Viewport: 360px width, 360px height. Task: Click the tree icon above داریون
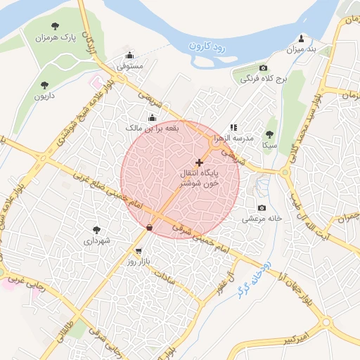tap(45, 84)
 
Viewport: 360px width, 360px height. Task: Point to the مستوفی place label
tap(130, 66)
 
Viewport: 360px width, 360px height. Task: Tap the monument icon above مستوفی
tap(129, 56)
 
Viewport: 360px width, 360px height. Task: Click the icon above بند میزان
tap(301, 39)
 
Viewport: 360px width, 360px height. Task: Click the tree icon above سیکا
tap(269, 134)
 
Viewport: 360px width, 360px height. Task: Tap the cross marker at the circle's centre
tap(199, 162)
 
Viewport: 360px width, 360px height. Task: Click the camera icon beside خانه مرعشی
tap(262, 207)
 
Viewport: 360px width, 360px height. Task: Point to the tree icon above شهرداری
tap(96, 229)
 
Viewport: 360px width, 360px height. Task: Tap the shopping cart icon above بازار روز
tap(139, 251)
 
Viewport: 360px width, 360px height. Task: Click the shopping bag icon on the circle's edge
tap(149, 227)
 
